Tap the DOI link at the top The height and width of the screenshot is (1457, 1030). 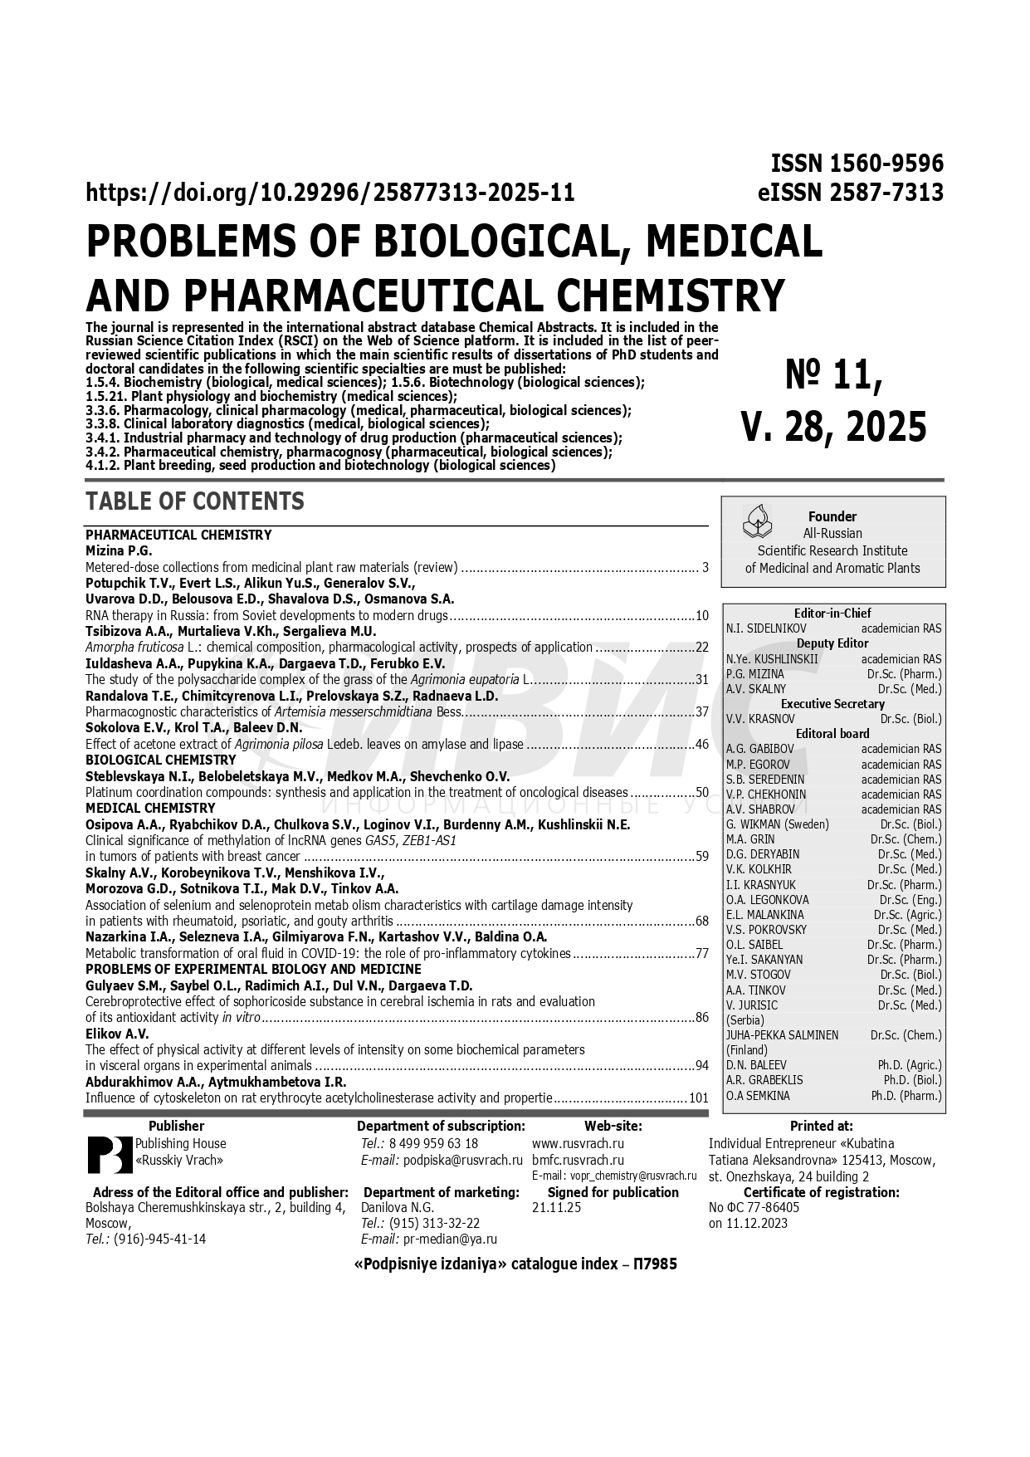click(330, 193)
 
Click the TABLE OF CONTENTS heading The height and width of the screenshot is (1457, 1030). click(194, 501)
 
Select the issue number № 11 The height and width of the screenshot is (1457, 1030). click(833, 376)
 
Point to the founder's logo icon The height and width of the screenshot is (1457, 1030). click(756, 521)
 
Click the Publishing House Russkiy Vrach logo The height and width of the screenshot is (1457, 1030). click(110, 1153)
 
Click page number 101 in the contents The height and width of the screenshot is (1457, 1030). click(698, 1098)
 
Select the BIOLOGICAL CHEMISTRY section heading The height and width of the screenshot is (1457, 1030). click(161, 760)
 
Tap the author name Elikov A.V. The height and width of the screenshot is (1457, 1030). click(117, 1034)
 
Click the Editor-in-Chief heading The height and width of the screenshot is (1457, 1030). click(832, 614)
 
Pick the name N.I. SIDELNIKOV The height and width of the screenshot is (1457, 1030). click(765, 628)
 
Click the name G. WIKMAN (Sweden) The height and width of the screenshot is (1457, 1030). click(777, 824)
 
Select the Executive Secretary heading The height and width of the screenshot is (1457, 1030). click(832, 704)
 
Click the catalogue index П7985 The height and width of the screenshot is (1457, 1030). click(655, 1264)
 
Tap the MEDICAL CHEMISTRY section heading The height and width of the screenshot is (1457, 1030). click(150, 808)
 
